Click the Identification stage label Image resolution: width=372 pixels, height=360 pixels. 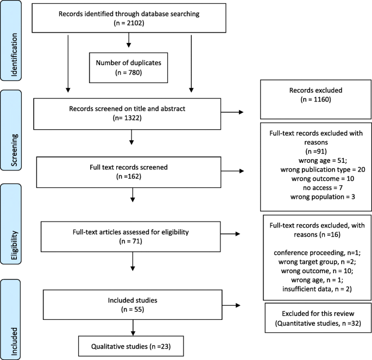coord(14,54)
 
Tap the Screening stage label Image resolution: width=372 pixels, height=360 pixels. coord(14,150)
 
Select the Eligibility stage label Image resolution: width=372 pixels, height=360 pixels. coord(14,245)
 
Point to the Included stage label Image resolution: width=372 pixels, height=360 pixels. coord(14,341)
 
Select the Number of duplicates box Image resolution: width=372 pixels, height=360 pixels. coord(128,68)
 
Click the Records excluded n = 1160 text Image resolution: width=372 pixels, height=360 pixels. coord(316,94)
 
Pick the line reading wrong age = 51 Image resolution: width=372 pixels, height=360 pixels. coord(323,161)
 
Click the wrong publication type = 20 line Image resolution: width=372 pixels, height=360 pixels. coord(323,169)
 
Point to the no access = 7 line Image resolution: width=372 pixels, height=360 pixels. coord(323,188)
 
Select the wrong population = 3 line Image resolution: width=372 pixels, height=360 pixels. coord(323,197)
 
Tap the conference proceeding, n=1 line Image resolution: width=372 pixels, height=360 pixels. coord(317,253)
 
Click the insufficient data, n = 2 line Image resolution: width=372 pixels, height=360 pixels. coord(317,289)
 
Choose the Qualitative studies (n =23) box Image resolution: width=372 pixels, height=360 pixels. coord(131,346)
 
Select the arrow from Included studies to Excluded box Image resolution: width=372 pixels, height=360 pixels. coord(231,305)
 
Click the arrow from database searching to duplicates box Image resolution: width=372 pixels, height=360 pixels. coord(129,40)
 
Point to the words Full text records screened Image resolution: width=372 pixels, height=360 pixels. coord(129,167)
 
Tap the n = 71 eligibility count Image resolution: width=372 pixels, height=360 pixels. coord(131,241)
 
